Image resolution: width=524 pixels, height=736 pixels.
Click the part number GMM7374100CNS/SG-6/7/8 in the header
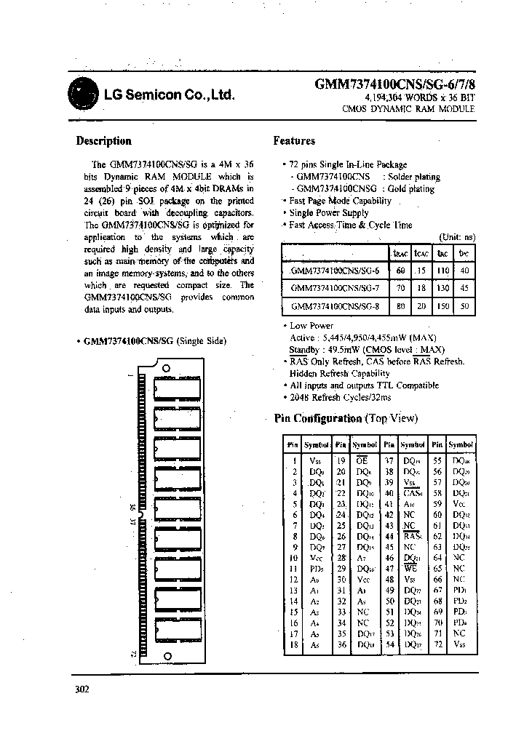pos(394,84)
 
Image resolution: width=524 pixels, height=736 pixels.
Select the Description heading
pos(104,141)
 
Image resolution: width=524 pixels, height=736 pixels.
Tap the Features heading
pos(294,141)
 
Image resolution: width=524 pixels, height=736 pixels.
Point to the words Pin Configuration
pos(318,418)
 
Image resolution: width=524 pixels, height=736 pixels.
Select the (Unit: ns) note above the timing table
pos(457,237)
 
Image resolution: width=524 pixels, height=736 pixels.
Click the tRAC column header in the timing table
pos(400,253)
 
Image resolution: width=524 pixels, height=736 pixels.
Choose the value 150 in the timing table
pos(442,306)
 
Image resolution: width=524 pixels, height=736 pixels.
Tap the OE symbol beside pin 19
pos(362,460)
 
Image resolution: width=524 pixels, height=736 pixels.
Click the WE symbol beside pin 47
pos(410,569)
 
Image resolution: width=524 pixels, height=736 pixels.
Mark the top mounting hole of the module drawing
pos(166,369)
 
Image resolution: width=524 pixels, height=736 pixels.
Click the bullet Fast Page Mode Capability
pos(340,201)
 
